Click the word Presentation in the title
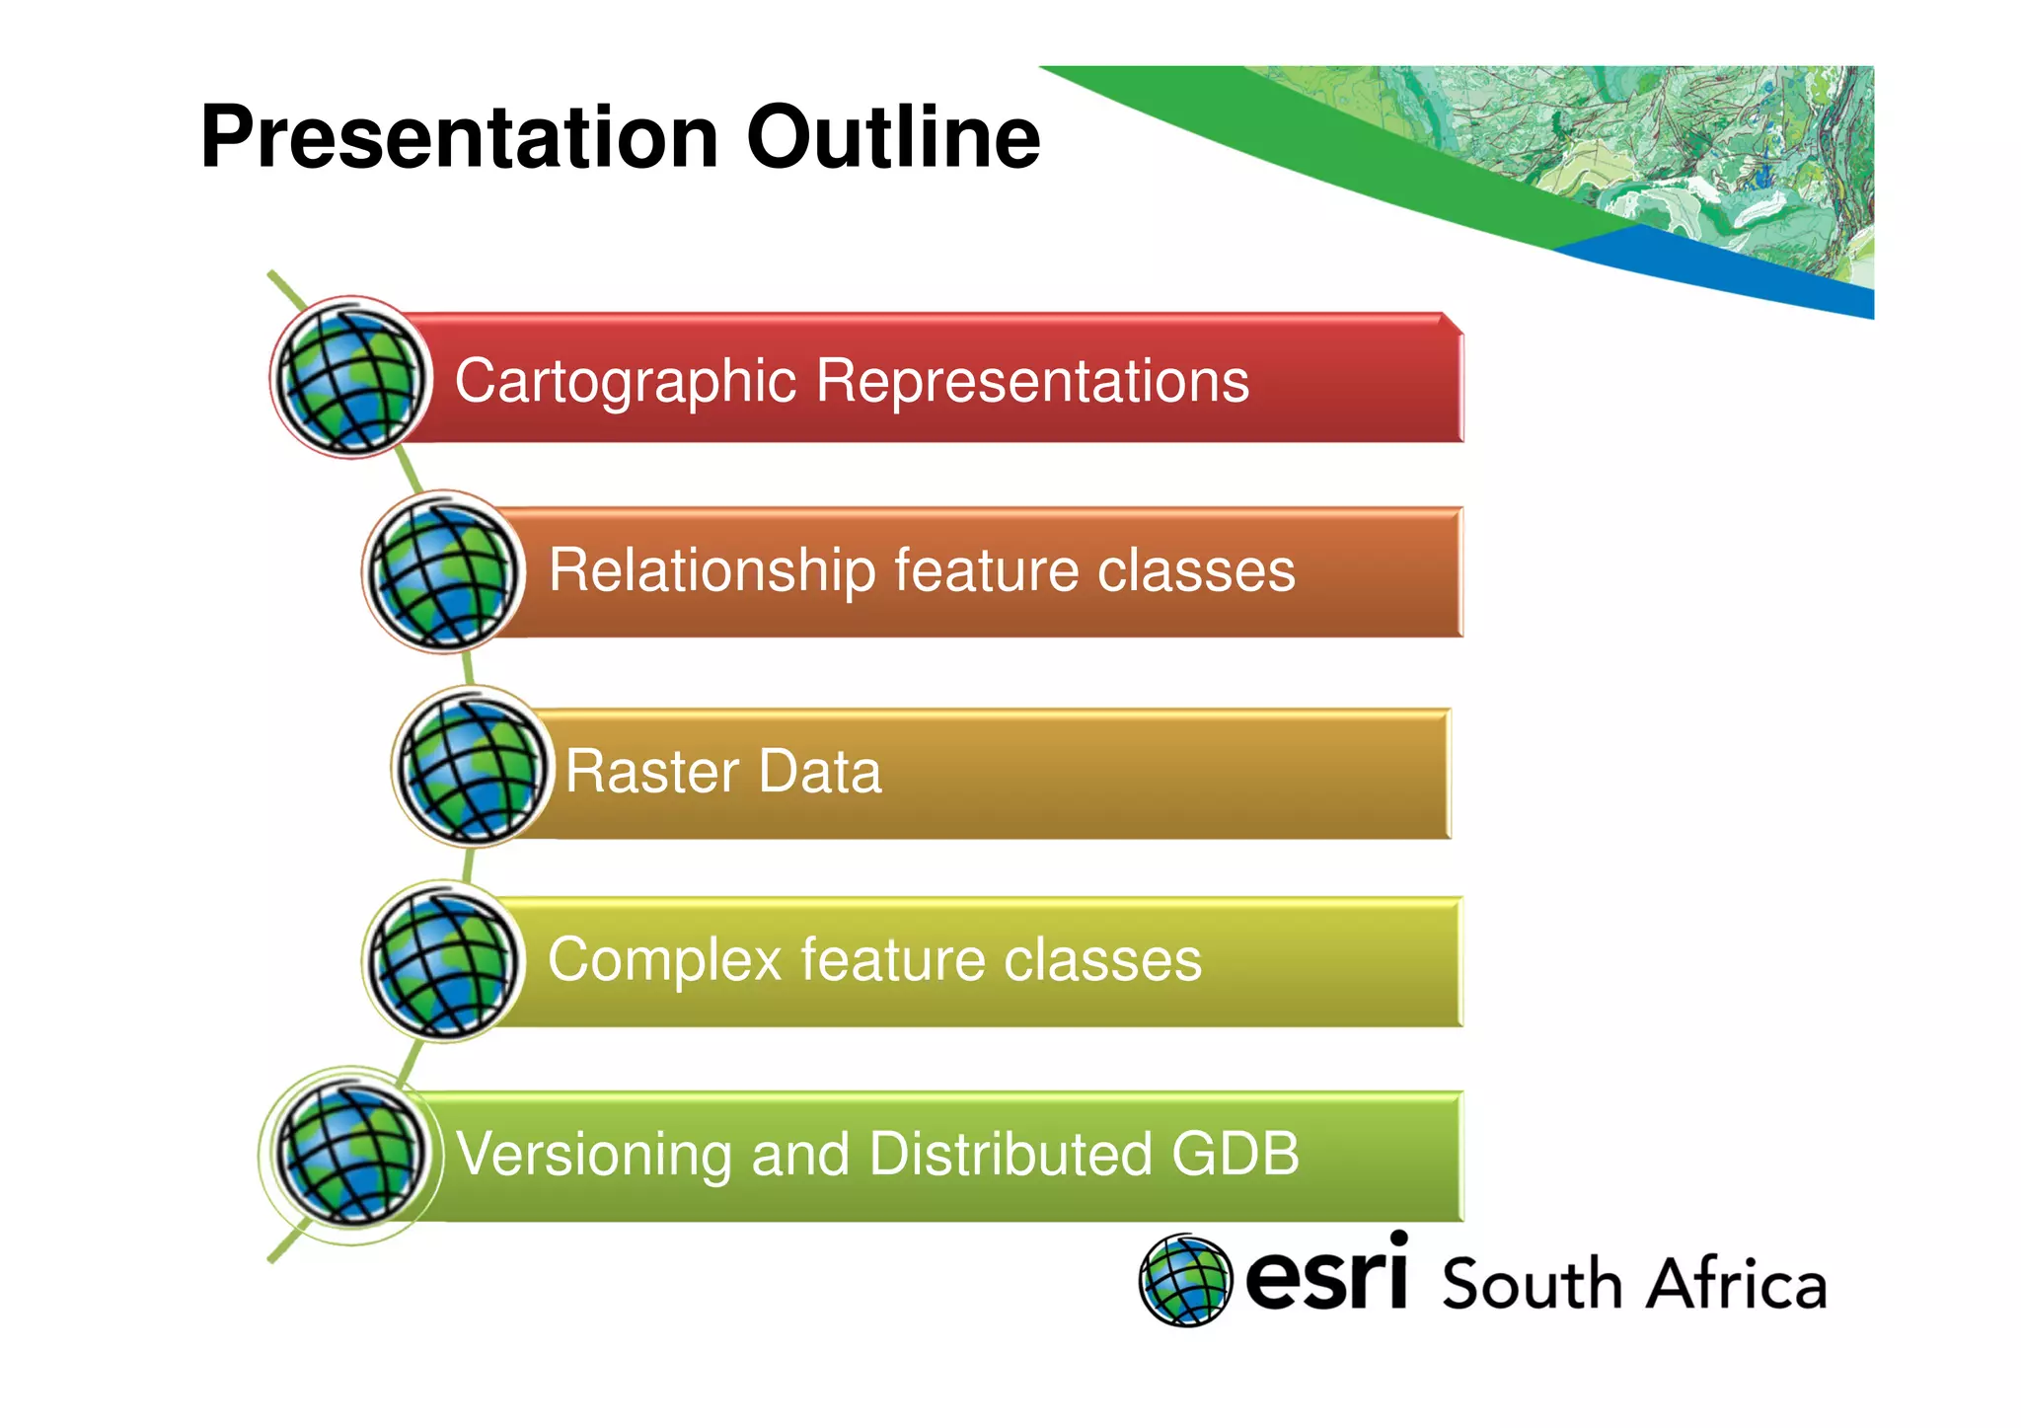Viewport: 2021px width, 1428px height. pos(459,138)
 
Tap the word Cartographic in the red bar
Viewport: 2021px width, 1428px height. pos(625,382)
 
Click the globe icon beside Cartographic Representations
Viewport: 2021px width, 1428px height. pos(350,378)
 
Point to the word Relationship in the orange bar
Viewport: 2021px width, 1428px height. pos(711,571)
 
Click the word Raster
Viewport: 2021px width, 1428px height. pos(651,772)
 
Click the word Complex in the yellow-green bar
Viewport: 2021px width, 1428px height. pos(665,960)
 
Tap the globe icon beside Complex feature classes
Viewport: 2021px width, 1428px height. pos(443,961)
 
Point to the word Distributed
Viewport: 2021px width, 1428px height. pos(1010,1154)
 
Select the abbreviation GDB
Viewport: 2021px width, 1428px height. pos(1235,1154)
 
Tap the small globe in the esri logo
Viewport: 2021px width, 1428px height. pos(1185,1280)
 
